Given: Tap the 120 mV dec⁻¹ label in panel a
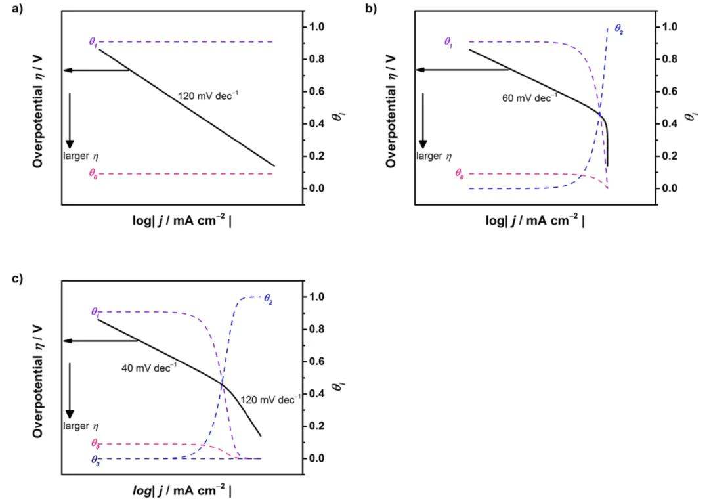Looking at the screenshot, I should pyautogui.click(x=208, y=96).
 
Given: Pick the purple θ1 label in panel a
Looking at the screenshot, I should pyautogui.click(x=93, y=42).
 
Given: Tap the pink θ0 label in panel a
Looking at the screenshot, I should pyautogui.click(x=94, y=174).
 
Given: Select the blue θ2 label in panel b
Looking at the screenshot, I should pyautogui.click(x=618, y=28).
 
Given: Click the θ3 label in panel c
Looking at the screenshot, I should pyautogui.click(x=95, y=459).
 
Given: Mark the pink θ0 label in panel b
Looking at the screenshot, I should pyautogui.click(x=460, y=174).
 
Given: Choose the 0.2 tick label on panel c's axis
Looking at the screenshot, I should pyautogui.click(x=317, y=426).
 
